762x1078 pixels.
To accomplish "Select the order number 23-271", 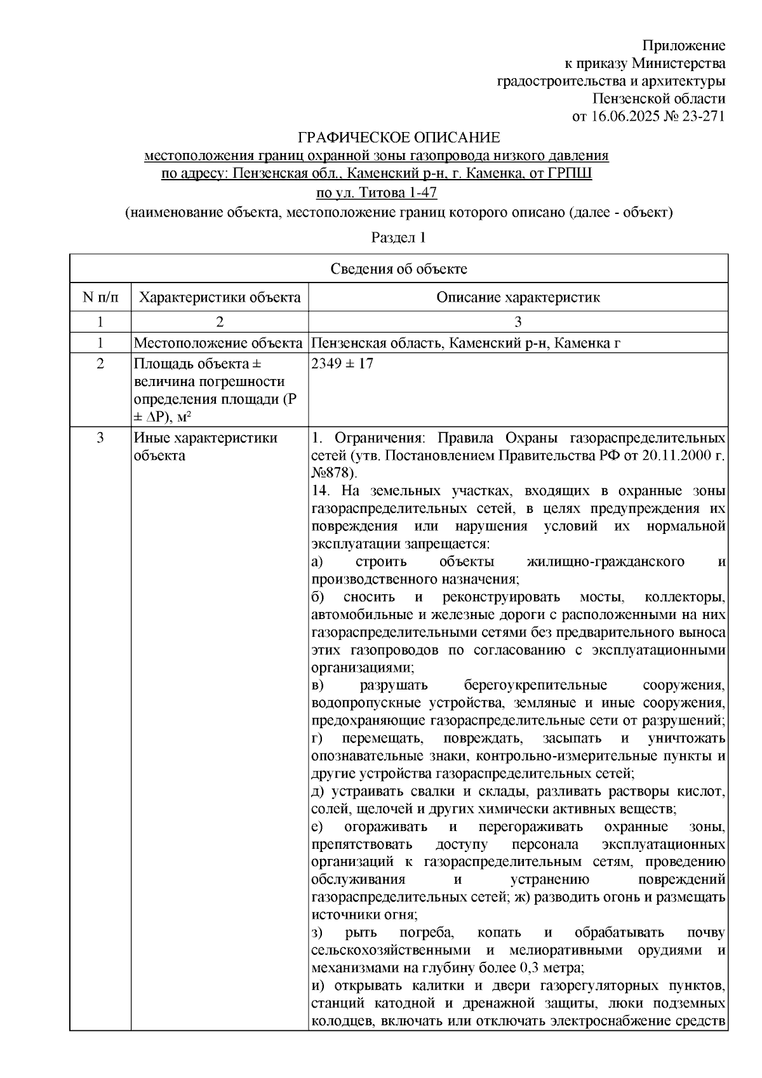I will [702, 116].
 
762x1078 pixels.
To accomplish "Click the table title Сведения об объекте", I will [398, 269].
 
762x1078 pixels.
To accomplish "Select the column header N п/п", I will [100, 297].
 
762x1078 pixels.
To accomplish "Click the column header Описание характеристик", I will [518, 297].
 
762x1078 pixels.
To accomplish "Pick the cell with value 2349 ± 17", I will [342, 364].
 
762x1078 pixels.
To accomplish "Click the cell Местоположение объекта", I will [218, 343].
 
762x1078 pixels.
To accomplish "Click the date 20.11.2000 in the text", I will [672, 456].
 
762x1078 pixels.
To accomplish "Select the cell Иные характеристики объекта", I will [205, 446].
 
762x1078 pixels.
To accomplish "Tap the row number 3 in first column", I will [100, 438].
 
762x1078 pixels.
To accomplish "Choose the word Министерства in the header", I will [679, 63].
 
